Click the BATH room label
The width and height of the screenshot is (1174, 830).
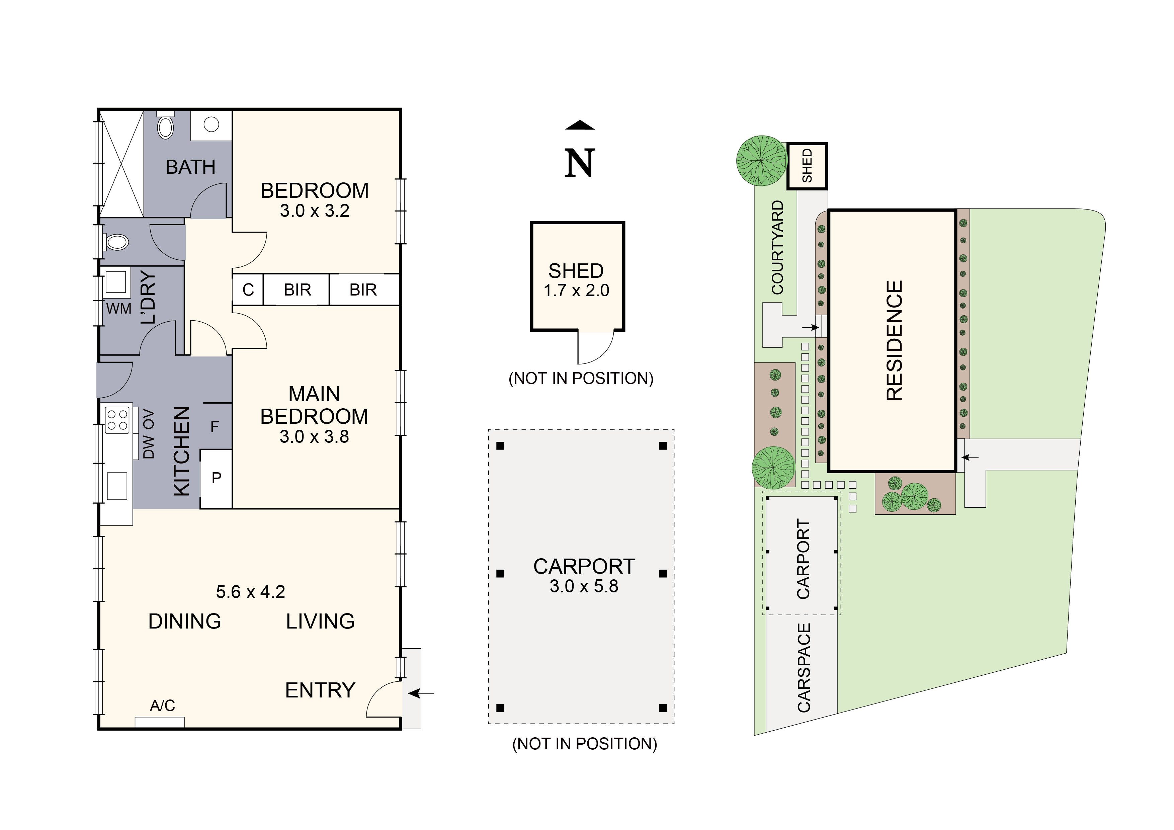(x=190, y=167)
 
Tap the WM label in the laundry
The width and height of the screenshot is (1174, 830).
(x=118, y=309)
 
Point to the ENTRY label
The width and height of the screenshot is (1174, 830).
(x=320, y=690)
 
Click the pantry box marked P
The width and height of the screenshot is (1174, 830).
(x=216, y=478)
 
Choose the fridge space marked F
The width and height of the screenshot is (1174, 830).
(x=215, y=426)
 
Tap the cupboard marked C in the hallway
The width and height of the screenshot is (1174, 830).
(x=248, y=290)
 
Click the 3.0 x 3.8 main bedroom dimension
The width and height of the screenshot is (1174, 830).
(x=314, y=437)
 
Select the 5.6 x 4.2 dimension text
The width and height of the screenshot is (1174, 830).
(x=251, y=592)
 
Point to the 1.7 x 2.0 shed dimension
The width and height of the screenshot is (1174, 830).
(x=576, y=290)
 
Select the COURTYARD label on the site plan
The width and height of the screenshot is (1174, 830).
(x=777, y=248)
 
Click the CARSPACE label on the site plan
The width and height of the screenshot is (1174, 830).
(x=804, y=667)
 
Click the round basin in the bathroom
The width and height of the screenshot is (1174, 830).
(x=211, y=124)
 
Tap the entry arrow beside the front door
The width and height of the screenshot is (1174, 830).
(x=422, y=693)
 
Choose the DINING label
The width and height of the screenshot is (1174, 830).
(x=185, y=621)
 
